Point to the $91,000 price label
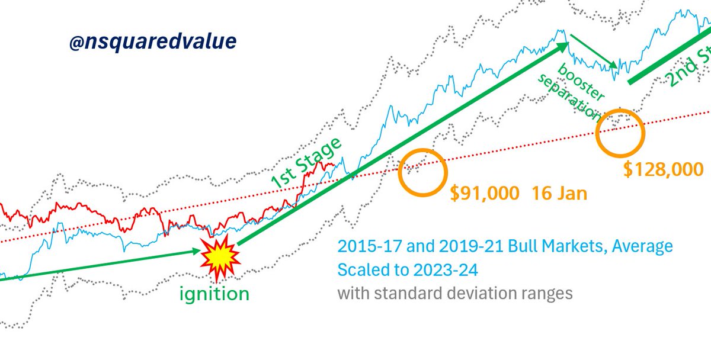(x=483, y=193)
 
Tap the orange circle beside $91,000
(x=422, y=171)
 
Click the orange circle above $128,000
(x=620, y=132)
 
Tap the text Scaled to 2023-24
(x=407, y=270)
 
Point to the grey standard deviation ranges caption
(x=455, y=293)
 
